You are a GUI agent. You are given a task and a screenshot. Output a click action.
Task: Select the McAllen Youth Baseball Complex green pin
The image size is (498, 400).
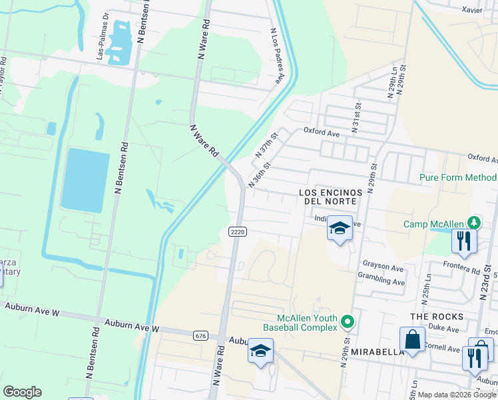[x=347, y=323]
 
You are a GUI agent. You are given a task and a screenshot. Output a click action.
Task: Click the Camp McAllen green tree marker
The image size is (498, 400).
[x=473, y=222]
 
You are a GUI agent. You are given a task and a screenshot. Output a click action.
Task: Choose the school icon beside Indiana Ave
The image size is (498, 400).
[x=340, y=229]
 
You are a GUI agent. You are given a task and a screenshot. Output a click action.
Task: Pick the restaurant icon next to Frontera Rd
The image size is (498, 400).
[x=464, y=241]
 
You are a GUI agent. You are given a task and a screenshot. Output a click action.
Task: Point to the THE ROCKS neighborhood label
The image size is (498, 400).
[x=433, y=316]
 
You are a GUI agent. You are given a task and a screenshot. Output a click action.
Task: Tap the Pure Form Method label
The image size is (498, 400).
[x=458, y=177]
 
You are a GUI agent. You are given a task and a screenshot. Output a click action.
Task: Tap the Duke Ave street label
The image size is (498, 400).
[x=444, y=329]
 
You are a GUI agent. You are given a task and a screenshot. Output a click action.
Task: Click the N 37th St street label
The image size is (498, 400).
[x=266, y=144]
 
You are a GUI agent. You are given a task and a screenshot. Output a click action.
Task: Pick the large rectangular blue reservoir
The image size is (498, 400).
[x=85, y=180]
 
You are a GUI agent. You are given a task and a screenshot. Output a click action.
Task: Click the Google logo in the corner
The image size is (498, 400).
[x=22, y=392]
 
